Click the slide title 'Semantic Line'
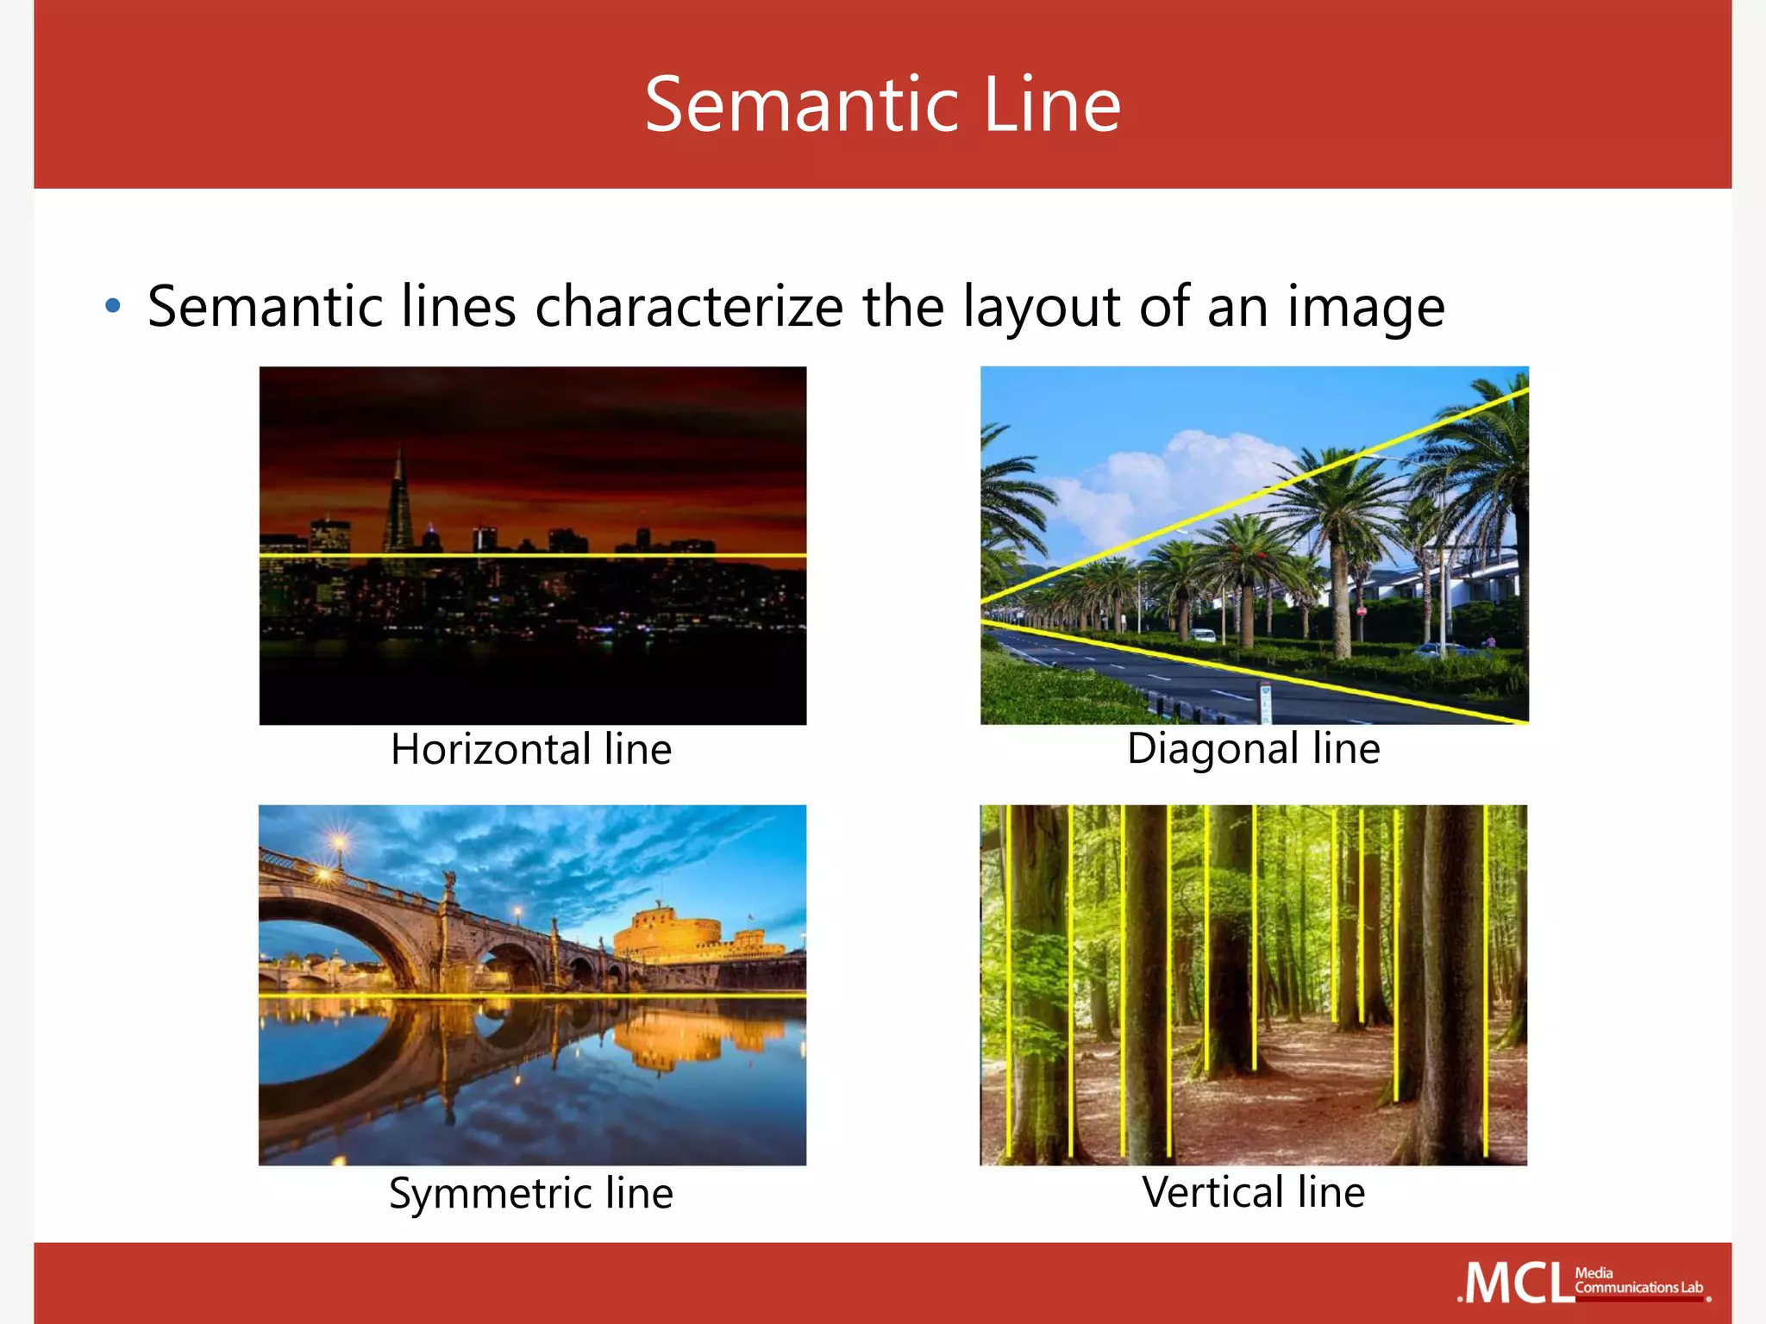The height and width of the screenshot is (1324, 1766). (882, 104)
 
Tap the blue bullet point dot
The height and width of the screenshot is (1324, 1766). (112, 305)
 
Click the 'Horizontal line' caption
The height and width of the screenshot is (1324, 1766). (531, 748)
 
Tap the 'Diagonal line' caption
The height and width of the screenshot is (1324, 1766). (1253, 747)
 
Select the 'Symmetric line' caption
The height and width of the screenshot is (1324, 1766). (531, 1193)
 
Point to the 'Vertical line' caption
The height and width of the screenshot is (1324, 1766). (1253, 1192)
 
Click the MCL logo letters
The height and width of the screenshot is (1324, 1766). (1515, 1284)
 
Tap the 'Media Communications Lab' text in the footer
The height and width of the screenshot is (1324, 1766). (1638, 1281)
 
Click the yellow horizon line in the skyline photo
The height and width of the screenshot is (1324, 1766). (533, 556)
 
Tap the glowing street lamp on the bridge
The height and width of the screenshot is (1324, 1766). (340, 840)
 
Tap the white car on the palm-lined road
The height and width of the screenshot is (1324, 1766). (1204, 636)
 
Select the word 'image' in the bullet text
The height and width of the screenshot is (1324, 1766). (1366, 308)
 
